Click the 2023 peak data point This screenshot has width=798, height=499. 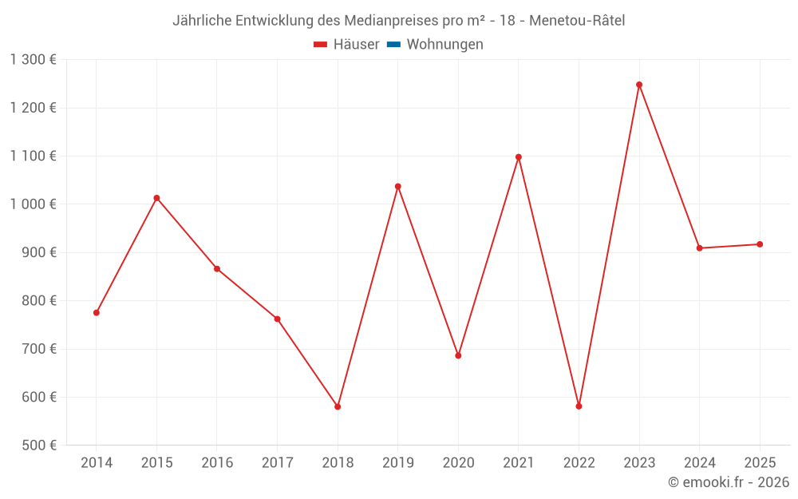click(x=639, y=85)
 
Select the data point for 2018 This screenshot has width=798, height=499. click(x=338, y=406)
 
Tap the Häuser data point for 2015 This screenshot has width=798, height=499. click(x=156, y=198)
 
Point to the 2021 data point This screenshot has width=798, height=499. click(x=519, y=157)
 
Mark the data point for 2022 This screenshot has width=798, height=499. click(x=579, y=406)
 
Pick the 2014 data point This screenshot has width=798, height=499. click(x=97, y=313)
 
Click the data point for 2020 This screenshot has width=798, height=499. click(x=458, y=355)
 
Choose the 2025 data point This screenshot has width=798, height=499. click(x=760, y=244)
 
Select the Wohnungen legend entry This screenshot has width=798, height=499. click(x=444, y=45)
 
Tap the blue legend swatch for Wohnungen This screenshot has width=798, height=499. click(x=393, y=45)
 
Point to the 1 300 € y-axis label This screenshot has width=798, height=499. click(x=33, y=60)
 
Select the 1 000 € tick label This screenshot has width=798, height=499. click(x=33, y=204)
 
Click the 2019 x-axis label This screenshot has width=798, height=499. click(x=397, y=463)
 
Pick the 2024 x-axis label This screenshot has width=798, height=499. click(x=699, y=463)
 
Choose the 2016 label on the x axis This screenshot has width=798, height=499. click(x=217, y=463)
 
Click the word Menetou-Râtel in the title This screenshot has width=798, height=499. click(x=578, y=21)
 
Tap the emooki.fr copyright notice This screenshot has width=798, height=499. click(x=729, y=482)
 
